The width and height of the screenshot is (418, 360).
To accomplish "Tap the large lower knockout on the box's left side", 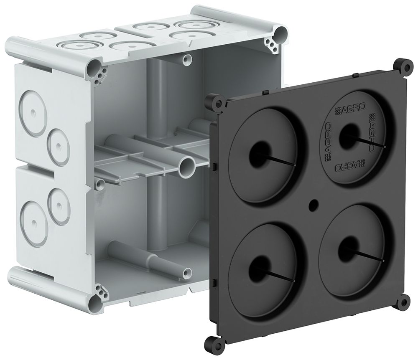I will [31, 217].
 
